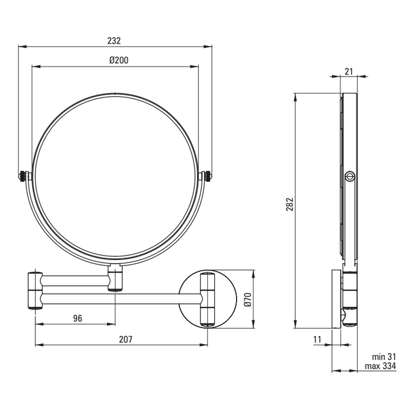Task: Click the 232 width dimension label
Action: (x=114, y=41)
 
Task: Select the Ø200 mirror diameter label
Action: (x=119, y=60)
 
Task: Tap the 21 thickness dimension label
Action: (x=349, y=71)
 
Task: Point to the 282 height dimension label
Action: (x=290, y=204)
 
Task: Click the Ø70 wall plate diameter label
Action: (x=248, y=300)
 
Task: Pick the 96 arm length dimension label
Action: (x=78, y=318)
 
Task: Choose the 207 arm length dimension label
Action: (x=126, y=339)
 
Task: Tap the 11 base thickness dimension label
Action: (x=317, y=339)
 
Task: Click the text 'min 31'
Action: (x=384, y=357)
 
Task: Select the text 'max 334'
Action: (x=380, y=366)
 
